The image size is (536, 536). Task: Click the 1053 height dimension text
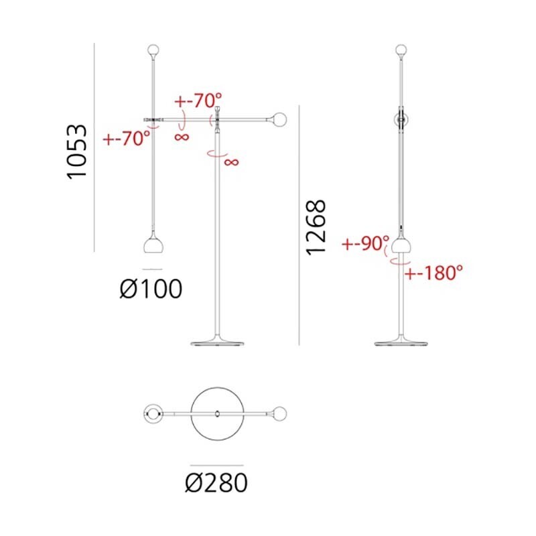(78, 151)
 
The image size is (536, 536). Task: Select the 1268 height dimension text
(315, 227)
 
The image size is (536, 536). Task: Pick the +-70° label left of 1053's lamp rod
(126, 139)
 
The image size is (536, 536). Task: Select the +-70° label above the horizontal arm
(198, 102)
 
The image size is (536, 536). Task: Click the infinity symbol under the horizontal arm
(182, 137)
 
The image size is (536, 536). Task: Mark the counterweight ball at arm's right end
(279, 121)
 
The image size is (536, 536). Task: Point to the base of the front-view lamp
(216, 342)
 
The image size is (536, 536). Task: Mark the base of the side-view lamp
(401, 342)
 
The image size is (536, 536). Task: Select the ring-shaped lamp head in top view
(153, 414)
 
